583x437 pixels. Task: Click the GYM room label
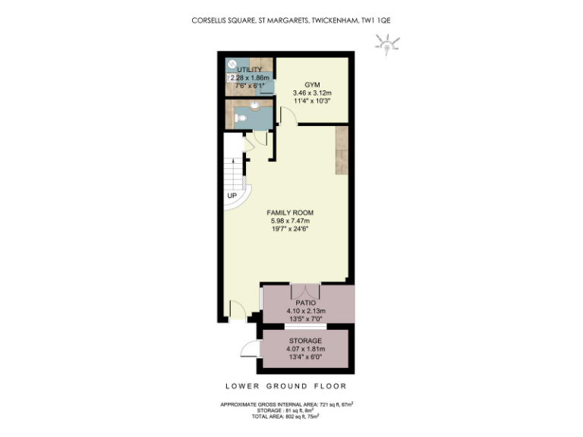pyautogui.click(x=313, y=84)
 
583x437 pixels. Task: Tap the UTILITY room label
pyautogui.click(x=249, y=69)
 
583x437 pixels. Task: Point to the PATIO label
pyautogui.click(x=306, y=303)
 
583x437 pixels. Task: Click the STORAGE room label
pyautogui.click(x=305, y=341)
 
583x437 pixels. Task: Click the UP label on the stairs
pyautogui.click(x=232, y=196)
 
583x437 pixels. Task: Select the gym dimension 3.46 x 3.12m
pyautogui.click(x=313, y=93)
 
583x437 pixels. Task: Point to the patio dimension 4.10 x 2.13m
pyautogui.click(x=306, y=311)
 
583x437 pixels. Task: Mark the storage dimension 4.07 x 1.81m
pyautogui.click(x=305, y=349)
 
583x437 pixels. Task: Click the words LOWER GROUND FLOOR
pyautogui.click(x=291, y=385)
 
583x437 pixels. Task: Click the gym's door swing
pyautogui.click(x=287, y=116)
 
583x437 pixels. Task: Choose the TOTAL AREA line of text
pyautogui.click(x=285, y=416)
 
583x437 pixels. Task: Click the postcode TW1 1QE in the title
pyautogui.click(x=374, y=21)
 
